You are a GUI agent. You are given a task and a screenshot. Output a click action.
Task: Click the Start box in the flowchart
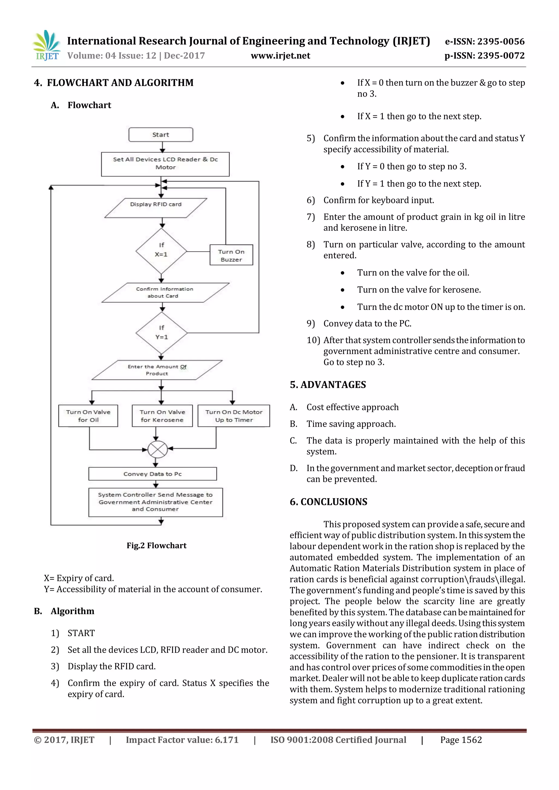click(161, 135)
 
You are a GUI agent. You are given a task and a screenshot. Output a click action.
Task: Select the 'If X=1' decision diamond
click(161, 251)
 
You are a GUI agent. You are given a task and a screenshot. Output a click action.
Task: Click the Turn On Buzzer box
click(231, 255)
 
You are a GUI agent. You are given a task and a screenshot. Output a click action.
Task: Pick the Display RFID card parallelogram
click(156, 208)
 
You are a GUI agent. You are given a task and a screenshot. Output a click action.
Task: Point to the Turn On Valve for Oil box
click(88, 416)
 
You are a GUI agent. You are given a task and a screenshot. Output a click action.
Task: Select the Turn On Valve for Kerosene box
click(162, 416)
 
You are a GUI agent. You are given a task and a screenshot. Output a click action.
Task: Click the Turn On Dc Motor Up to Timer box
click(234, 416)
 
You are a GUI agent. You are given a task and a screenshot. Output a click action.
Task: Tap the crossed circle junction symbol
click(157, 449)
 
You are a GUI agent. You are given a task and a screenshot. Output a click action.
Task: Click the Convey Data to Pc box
click(153, 474)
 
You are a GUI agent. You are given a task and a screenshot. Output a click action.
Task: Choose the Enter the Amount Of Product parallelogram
click(157, 370)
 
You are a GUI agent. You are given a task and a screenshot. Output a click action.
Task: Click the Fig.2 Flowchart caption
click(156, 545)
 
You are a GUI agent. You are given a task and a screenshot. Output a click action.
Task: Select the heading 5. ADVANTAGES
click(328, 385)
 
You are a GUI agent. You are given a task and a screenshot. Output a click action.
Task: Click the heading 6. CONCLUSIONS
click(328, 502)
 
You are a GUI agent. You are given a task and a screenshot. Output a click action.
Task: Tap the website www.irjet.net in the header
click(280, 56)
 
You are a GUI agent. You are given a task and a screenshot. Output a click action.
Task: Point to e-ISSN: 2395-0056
click(485, 42)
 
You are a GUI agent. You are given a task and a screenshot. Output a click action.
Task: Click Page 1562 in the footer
click(461, 740)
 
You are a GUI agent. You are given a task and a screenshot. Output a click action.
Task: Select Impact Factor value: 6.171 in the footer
click(182, 740)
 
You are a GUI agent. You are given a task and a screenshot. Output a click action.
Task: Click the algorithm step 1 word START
click(81, 633)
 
